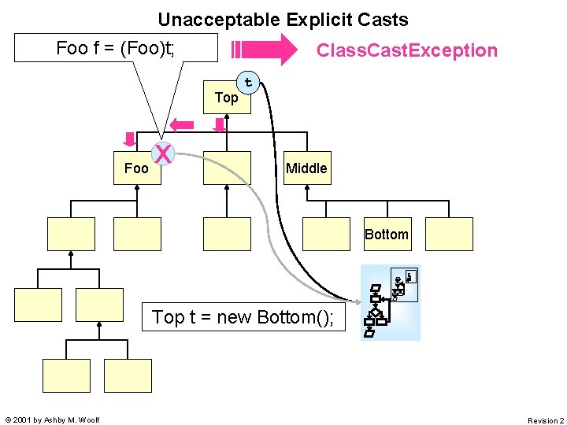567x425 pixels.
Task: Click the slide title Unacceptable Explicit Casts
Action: [283, 20]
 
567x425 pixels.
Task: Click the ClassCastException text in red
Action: [406, 51]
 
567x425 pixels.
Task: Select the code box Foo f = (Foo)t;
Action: [116, 48]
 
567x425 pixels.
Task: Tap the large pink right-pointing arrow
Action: [268, 51]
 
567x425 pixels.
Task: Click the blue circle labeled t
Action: [249, 82]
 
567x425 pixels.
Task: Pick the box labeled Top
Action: [227, 98]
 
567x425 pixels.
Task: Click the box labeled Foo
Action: [137, 168]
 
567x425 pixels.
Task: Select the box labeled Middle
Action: [306, 168]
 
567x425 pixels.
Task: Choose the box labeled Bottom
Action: [386, 234]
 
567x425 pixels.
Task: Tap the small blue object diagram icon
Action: [391, 302]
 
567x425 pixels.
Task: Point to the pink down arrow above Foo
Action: [129, 139]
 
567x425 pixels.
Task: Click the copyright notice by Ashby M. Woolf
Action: [52, 420]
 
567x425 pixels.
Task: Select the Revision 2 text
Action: [545, 420]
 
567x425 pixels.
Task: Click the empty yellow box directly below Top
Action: [227, 168]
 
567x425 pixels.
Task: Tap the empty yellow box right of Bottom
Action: [450, 234]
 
